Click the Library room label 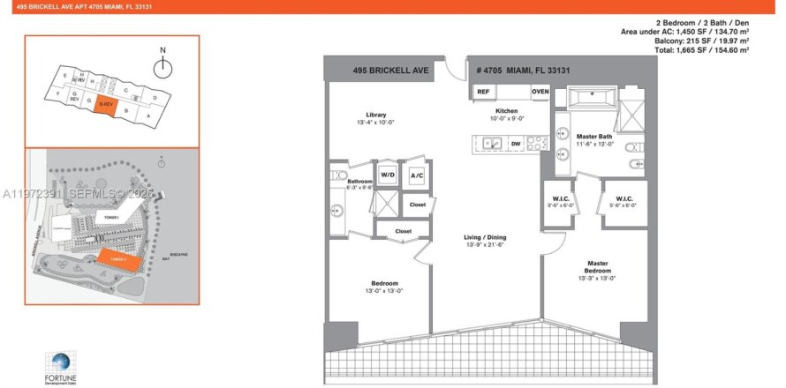coord(377,115)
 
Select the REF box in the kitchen coord(483,92)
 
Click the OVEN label coord(540,92)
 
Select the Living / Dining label coord(485,237)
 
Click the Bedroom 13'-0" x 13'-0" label coord(384,284)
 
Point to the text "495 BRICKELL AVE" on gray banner coord(383,69)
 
